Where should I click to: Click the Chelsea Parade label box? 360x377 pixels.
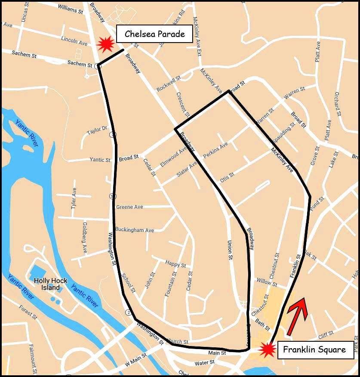coord(154,34)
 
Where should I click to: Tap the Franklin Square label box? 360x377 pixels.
coord(314,349)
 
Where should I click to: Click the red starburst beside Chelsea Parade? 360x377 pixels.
coord(105,43)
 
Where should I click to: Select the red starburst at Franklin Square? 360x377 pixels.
coord(268,349)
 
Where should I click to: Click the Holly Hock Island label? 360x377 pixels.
coord(50,284)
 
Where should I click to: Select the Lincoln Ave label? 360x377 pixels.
coord(74,41)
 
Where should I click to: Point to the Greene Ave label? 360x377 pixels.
coord(129,207)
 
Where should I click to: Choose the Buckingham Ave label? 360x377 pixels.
coord(135,230)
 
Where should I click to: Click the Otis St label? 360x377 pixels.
coord(227,177)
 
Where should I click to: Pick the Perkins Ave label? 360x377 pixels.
coord(215,151)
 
